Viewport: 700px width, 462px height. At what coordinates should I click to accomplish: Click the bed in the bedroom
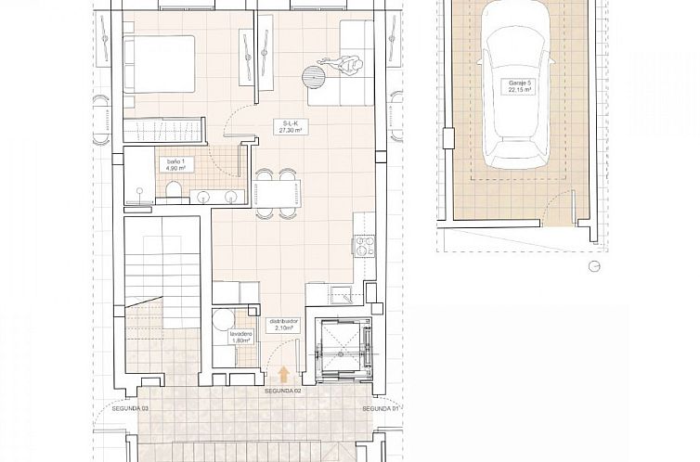160,65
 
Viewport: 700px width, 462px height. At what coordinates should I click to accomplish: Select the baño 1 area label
175,165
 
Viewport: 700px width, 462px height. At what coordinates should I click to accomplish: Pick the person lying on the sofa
347,66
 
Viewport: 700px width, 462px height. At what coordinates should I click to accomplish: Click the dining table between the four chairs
277,193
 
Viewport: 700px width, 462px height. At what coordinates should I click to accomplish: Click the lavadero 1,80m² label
229,337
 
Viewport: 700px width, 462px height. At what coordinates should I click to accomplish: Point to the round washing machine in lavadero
222,321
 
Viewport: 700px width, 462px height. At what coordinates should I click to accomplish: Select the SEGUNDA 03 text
131,408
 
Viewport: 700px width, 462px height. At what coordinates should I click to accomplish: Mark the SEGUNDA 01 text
379,408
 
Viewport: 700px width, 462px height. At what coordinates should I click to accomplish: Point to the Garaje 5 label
522,87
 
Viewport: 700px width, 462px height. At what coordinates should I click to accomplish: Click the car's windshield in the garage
520,61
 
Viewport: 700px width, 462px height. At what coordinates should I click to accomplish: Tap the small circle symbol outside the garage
593,266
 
